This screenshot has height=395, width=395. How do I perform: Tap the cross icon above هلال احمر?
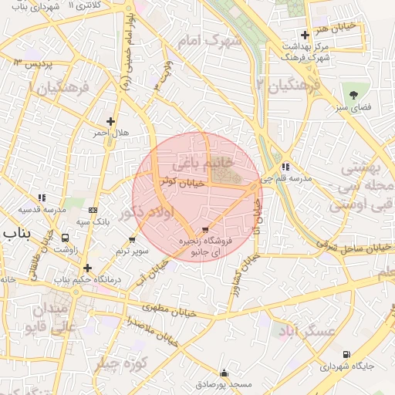pyautogui.click(x=111, y=121)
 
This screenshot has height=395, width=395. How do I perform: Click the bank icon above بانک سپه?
pyautogui.click(x=93, y=210)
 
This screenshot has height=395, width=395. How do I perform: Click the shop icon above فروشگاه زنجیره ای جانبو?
pyautogui.click(x=204, y=230)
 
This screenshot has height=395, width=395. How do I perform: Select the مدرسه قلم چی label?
pyautogui.click(x=289, y=178)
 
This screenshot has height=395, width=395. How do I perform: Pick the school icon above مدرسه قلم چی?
pyautogui.click(x=285, y=166)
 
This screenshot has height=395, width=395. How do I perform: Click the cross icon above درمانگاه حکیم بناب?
pyautogui.click(x=88, y=268)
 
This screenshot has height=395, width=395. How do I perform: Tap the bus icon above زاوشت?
pyautogui.click(x=66, y=238)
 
